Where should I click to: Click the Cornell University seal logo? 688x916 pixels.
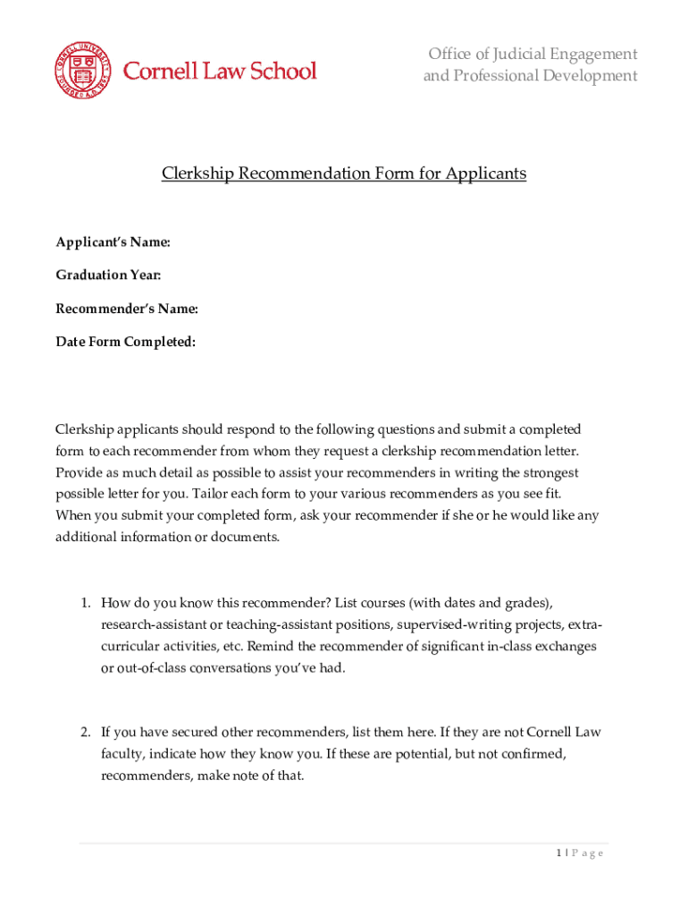tap(82, 71)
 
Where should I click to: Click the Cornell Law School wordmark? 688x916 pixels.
tap(220, 71)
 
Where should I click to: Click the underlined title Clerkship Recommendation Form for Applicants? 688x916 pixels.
tap(344, 174)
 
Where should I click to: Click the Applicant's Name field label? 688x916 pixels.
tap(113, 242)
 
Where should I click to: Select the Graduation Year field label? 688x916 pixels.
tap(108, 276)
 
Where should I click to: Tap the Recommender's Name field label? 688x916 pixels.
tap(127, 309)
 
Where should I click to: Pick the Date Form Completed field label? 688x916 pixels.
tap(126, 342)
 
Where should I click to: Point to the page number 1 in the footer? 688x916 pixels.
tap(558, 853)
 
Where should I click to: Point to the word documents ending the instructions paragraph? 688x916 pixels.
tap(247, 537)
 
